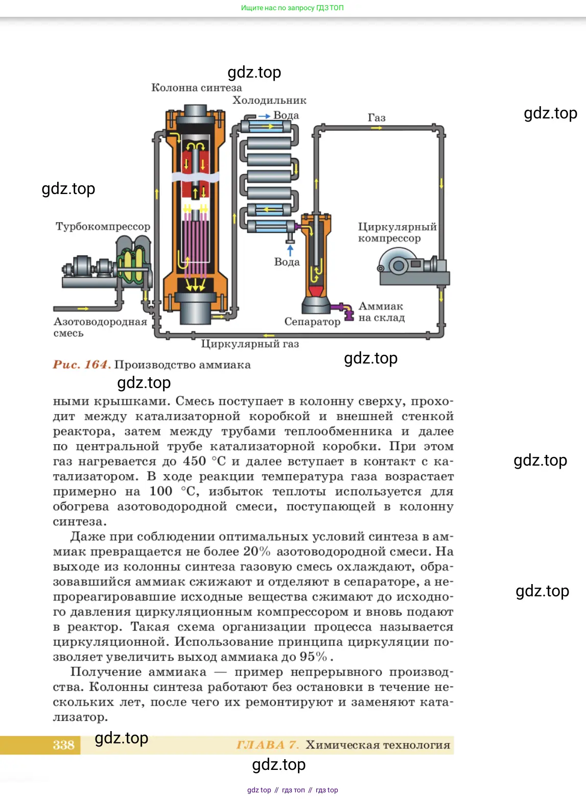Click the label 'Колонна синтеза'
coord(196,88)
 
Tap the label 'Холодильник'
coord(269,101)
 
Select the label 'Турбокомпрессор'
coord(103,226)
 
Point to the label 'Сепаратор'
coord(312,322)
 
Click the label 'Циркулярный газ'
coord(250,344)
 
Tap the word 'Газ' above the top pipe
coord(377,117)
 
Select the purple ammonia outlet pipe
coord(343,309)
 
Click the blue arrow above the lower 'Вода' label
coord(290,250)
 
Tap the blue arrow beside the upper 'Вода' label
coord(264,116)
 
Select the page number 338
coord(63,745)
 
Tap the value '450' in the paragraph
coord(195,462)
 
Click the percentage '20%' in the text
coord(256,552)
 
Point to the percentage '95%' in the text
coord(313,657)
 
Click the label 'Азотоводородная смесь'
coord(100,327)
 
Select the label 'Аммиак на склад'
coord(381,312)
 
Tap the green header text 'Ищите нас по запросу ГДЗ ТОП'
coord(292,8)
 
